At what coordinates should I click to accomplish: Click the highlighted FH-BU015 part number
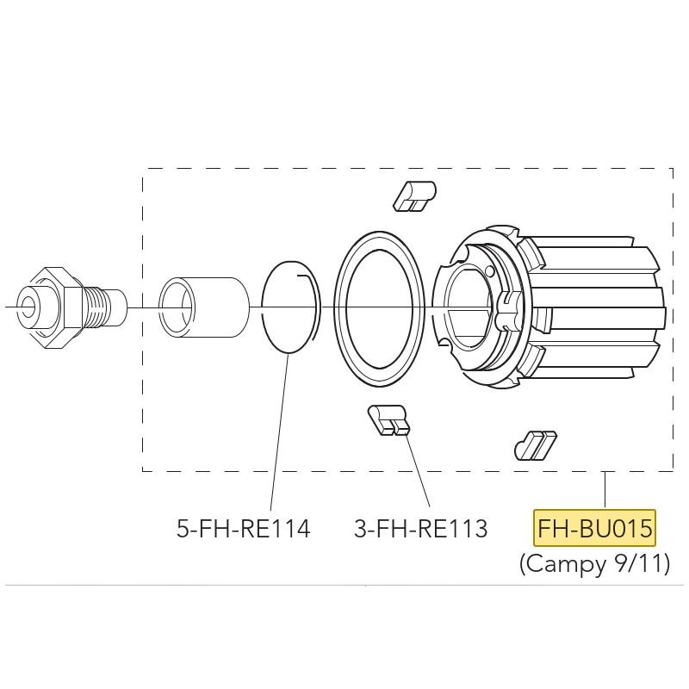point(594,528)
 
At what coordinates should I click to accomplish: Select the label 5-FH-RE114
point(244,528)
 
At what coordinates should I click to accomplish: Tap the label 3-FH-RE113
point(421,528)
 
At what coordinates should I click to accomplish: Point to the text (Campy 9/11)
point(595,563)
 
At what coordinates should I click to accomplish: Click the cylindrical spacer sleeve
point(204,307)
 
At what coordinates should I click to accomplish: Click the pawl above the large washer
point(415,196)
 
